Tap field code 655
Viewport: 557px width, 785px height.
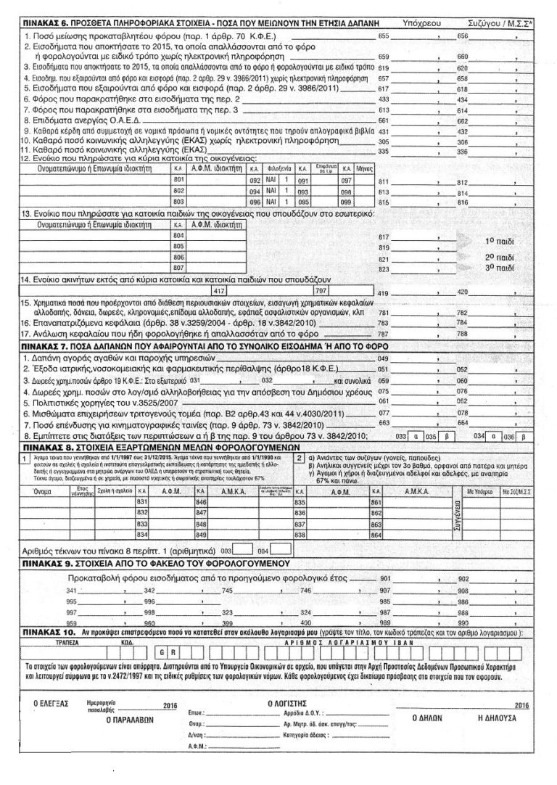click(x=384, y=36)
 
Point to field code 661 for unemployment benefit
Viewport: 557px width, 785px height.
click(x=384, y=120)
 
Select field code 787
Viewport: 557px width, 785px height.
click(x=384, y=336)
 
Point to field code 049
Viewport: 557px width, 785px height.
click(x=384, y=359)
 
